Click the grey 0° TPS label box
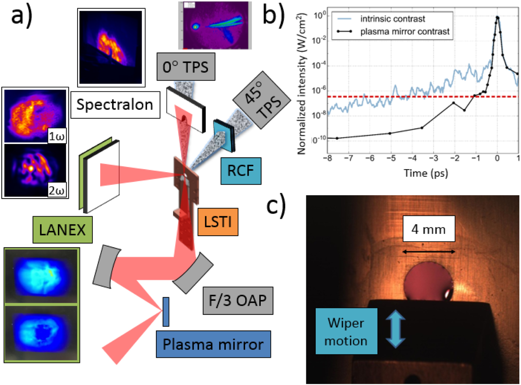(186, 67)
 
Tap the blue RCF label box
(241, 170)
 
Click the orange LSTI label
(218, 222)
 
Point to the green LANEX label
(63, 230)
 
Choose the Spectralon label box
(115, 104)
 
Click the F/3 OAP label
(238, 301)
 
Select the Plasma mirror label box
(213, 344)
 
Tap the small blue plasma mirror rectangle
(166, 312)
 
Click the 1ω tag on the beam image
(57, 136)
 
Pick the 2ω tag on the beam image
(57, 191)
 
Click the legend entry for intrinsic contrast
(392, 19)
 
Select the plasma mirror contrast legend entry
(405, 32)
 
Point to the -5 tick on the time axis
(391, 158)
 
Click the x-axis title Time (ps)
(426, 173)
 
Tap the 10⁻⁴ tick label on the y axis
(319, 66)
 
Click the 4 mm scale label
(429, 229)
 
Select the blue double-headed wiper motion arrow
(396, 329)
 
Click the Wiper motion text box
(346, 332)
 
